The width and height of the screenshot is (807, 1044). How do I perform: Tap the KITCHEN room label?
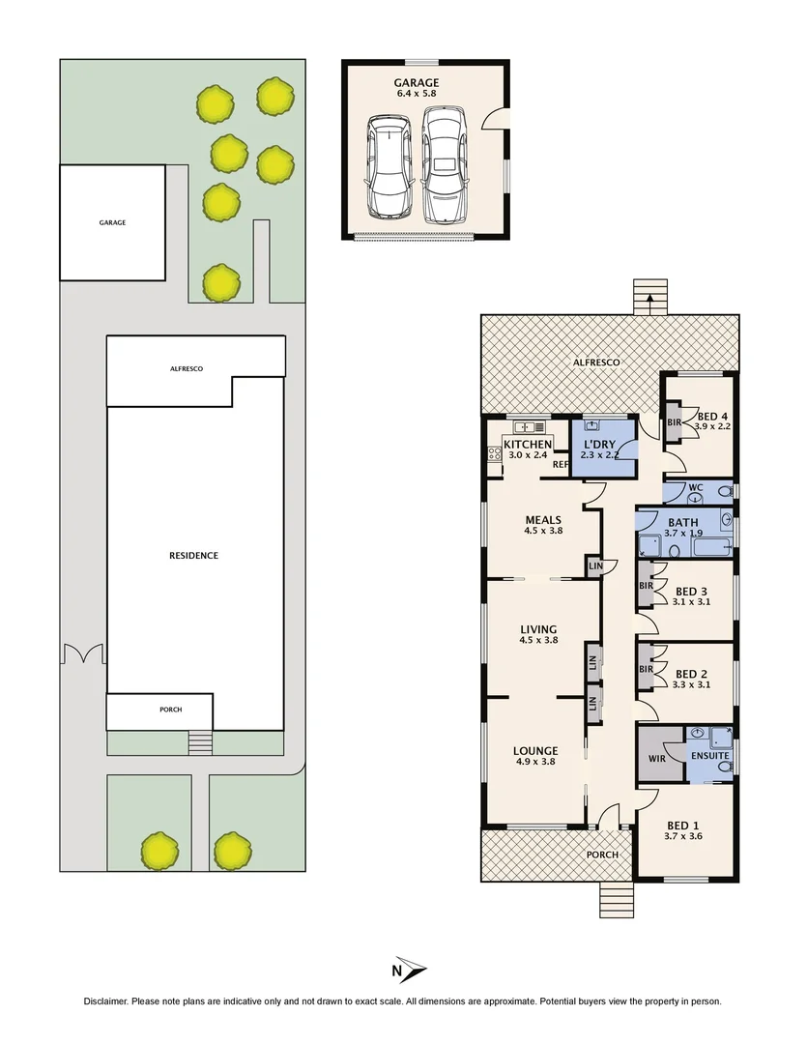pyautogui.click(x=527, y=445)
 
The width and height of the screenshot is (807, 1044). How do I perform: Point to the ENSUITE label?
pyautogui.click(x=709, y=755)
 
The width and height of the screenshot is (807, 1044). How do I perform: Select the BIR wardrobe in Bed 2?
pyautogui.click(x=647, y=668)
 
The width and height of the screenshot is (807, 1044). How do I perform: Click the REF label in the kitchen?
pyautogui.click(x=560, y=465)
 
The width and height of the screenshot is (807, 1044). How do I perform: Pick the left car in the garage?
pyautogui.click(x=389, y=168)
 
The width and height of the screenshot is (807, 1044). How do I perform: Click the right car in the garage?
pyautogui.click(x=446, y=164)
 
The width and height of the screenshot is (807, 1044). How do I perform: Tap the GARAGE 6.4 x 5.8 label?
pyautogui.click(x=417, y=89)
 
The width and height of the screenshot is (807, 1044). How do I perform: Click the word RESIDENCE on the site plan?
pyautogui.click(x=193, y=556)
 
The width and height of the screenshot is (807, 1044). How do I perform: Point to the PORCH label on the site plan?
pyautogui.click(x=170, y=710)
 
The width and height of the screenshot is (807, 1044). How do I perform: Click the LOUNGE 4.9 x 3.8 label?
pyautogui.click(x=535, y=755)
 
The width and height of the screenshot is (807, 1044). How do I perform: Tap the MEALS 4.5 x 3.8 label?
pyautogui.click(x=542, y=525)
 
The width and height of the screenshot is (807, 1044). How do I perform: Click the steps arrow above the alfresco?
pyautogui.click(x=649, y=303)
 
